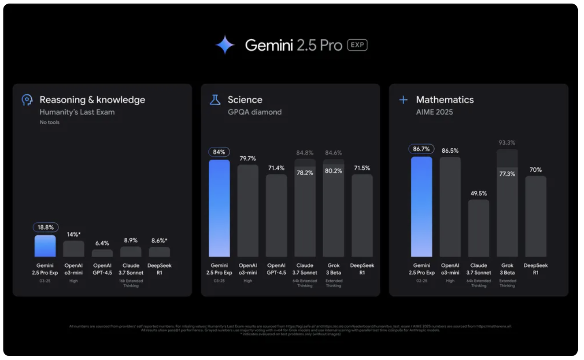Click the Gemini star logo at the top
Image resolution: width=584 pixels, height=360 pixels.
click(x=225, y=45)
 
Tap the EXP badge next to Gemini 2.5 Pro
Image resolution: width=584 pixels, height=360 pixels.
click(x=357, y=45)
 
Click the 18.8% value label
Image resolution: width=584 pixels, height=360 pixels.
click(x=45, y=228)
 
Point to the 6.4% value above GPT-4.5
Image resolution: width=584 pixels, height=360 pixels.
click(x=102, y=243)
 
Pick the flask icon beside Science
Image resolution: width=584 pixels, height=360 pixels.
click(x=215, y=100)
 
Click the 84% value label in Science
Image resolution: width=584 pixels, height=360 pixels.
click(x=219, y=152)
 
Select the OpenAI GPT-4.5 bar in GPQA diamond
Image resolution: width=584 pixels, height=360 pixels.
click(x=276, y=216)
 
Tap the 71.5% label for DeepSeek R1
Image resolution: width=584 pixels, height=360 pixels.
click(x=362, y=168)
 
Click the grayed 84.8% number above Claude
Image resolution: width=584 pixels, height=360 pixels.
click(x=305, y=153)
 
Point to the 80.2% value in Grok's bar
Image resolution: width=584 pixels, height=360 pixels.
click(x=333, y=171)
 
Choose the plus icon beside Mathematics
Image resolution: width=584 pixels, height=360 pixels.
click(x=403, y=100)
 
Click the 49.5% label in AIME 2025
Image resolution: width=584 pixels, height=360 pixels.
click(x=478, y=193)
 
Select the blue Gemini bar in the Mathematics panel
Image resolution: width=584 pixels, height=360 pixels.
click(x=421, y=207)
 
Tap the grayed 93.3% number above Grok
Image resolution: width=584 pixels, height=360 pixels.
click(x=507, y=143)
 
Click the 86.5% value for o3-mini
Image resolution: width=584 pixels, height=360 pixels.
click(x=450, y=151)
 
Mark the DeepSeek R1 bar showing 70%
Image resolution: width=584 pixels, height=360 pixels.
click(x=536, y=217)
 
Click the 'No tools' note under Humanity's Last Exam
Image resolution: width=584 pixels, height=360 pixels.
click(x=49, y=122)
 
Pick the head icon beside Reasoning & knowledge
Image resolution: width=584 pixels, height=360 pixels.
click(x=27, y=100)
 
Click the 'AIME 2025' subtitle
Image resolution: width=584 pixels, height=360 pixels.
click(x=434, y=112)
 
